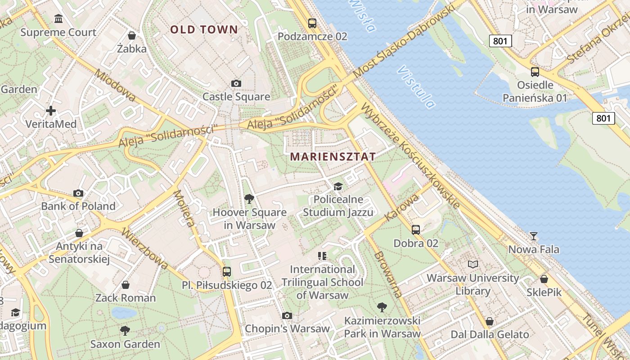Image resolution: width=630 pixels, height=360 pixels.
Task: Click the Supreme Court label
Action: [x=58, y=32]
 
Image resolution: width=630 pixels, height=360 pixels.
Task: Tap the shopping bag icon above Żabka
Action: [x=132, y=35]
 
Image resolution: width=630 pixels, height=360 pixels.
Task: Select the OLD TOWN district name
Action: [x=204, y=30]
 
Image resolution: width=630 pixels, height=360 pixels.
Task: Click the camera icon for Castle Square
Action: [x=236, y=83]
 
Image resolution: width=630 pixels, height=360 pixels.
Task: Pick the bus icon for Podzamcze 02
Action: [x=312, y=23]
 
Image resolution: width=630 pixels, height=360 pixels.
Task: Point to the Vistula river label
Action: [x=417, y=87]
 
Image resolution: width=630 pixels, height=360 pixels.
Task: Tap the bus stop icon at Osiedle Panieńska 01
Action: [x=535, y=72]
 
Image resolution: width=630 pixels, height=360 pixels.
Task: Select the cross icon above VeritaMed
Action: [x=51, y=110]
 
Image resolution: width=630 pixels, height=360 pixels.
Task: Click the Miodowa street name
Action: [x=116, y=85]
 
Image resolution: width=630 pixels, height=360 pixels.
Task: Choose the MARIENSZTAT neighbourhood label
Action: [x=333, y=157]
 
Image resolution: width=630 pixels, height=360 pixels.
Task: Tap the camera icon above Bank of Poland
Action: [x=78, y=193]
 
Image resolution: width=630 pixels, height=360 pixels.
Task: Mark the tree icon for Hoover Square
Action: [x=249, y=198]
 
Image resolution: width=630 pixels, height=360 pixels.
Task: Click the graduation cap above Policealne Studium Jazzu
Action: [x=338, y=186]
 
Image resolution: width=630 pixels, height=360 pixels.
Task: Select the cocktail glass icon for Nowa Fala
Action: [x=534, y=236]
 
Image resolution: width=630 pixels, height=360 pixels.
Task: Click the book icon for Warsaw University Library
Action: [x=472, y=264]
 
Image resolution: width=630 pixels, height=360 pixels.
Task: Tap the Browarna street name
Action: [x=388, y=275]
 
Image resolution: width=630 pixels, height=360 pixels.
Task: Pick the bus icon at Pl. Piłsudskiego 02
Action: [x=227, y=271]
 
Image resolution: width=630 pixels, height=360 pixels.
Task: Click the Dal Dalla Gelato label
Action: [x=490, y=334]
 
